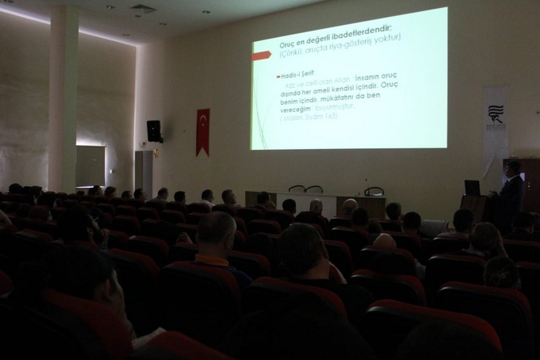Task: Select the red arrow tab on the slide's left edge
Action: click(x=261, y=56)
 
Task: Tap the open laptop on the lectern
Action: click(x=472, y=188)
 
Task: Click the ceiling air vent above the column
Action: click(x=143, y=10)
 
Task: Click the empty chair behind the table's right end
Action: click(x=373, y=192)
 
